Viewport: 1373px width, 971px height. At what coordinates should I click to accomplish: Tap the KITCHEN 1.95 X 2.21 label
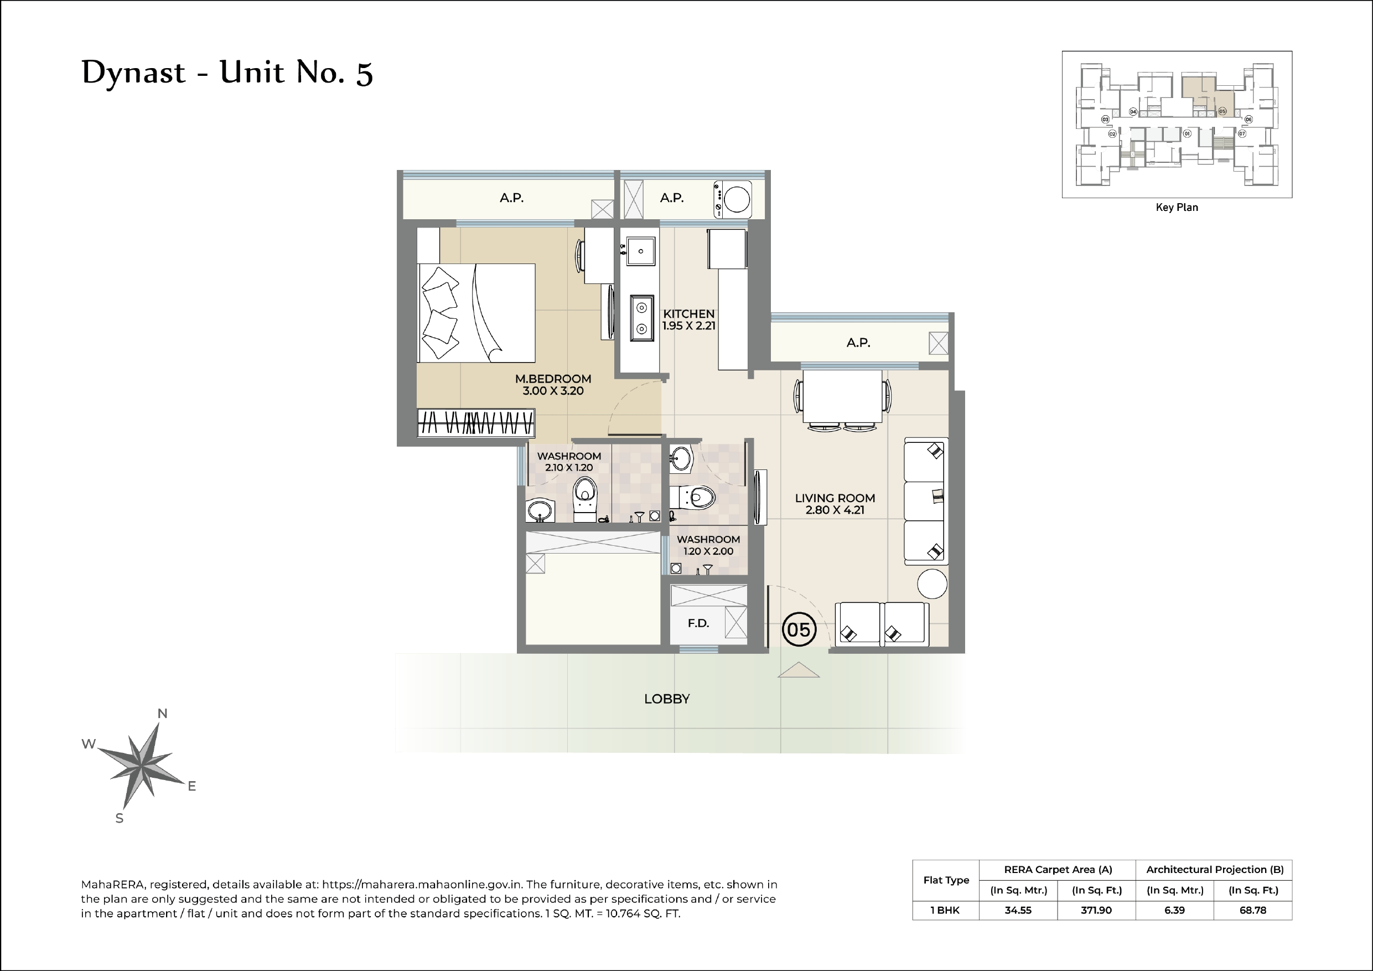pyautogui.click(x=688, y=319)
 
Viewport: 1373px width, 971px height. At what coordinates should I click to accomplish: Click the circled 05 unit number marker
pyautogui.click(x=799, y=629)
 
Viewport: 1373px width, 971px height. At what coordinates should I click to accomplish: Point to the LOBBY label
pyautogui.click(x=667, y=699)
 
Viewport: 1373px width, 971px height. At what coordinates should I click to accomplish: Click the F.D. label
pyautogui.click(x=698, y=623)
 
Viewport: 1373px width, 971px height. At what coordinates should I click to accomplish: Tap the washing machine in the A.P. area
pyautogui.click(x=733, y=200)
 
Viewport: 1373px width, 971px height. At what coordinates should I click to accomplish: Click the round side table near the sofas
pyautogui.click(x=932, y=583)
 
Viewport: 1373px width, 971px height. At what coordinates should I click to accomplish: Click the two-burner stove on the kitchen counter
pyautogui.click(x=641, y=318)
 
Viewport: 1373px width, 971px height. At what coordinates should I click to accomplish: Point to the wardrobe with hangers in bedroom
pyautogui.click(x=475, y=422)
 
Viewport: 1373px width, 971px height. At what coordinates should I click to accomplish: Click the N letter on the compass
pyautogui.click(x=162, y=713)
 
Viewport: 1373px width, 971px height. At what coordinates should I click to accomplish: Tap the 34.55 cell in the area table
pyautogui.click(x=1018, y=910)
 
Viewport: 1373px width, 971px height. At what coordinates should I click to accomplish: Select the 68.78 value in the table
pyautogui.click(x=1252, y=910)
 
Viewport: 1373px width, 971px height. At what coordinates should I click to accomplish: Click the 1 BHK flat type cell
pyautogui.click(x=945, y=910)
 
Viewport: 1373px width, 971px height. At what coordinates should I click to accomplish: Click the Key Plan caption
pyautogui.click(x=1176, y=208)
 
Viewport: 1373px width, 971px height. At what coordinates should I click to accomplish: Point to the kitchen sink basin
pyautogui.click(x=640, y=251)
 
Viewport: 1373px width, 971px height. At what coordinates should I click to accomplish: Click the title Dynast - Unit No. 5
pyautogui.click(x=227, y=73)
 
